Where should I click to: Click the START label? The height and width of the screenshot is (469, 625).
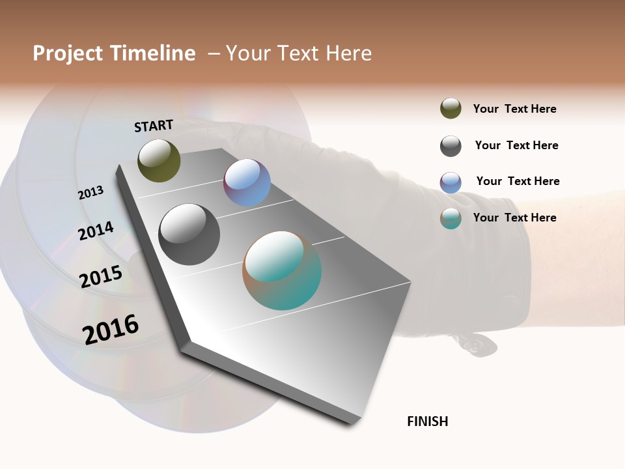(x=154, y=126)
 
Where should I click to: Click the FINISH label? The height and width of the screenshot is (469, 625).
(x=428, y=421)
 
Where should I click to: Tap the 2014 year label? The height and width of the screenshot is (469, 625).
(x=96, y=231)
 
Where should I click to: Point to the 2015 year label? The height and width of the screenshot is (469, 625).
(x=101, y=277)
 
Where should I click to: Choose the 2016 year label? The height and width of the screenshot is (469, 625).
(x=111, y=329)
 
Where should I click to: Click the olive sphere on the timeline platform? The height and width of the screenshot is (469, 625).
(x=159, y=160)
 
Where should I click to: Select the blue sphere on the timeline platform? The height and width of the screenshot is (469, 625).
(x=247, y=182)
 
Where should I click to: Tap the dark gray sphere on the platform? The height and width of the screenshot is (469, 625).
(x=189, y=234)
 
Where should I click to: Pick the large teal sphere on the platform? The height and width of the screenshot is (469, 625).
(x=282, y=270)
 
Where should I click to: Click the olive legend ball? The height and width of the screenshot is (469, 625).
(x=451, y=108)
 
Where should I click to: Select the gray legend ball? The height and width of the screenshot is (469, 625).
(x=451, y=146)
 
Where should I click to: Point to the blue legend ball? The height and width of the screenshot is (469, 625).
(x=451, y=182)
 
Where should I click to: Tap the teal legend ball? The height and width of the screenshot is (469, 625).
(x=451, y=218)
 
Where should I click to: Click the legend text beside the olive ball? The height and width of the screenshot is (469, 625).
(x=514, y=109)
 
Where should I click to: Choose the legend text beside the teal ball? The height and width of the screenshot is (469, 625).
(x=514, y=218)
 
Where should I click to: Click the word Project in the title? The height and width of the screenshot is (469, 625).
(x=68, y=53)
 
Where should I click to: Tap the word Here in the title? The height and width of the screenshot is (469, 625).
(x=345, y=53)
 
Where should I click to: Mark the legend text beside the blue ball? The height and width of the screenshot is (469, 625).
(x=518, y=181)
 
